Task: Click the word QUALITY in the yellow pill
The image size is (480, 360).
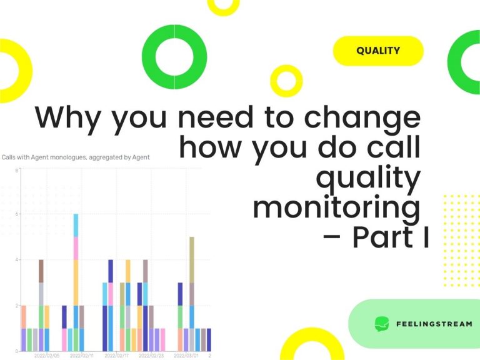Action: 378,51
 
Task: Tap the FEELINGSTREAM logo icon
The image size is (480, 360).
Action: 382,324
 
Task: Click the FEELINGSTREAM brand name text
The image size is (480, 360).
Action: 434,324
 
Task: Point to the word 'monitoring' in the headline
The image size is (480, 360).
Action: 336,208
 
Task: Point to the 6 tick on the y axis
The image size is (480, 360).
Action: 17,214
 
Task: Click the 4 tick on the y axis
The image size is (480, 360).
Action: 17,260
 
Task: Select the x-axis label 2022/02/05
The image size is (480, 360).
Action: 47,355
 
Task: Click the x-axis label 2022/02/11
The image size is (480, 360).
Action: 82,355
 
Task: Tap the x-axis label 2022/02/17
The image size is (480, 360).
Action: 117,355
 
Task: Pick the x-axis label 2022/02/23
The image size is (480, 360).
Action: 152,355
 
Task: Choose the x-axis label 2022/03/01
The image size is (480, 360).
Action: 187,355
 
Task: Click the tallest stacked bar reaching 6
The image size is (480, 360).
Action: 76,281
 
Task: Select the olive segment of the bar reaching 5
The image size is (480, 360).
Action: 192,259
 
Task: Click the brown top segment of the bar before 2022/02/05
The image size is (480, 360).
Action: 41,271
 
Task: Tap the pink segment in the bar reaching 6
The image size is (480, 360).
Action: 76,248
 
